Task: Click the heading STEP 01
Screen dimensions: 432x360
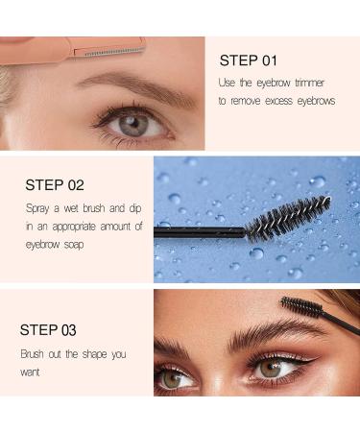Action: (x=250, y=60)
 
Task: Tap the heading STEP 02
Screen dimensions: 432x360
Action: (x=56, y=184)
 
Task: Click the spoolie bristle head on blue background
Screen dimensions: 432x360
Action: (x=288, y=219)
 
